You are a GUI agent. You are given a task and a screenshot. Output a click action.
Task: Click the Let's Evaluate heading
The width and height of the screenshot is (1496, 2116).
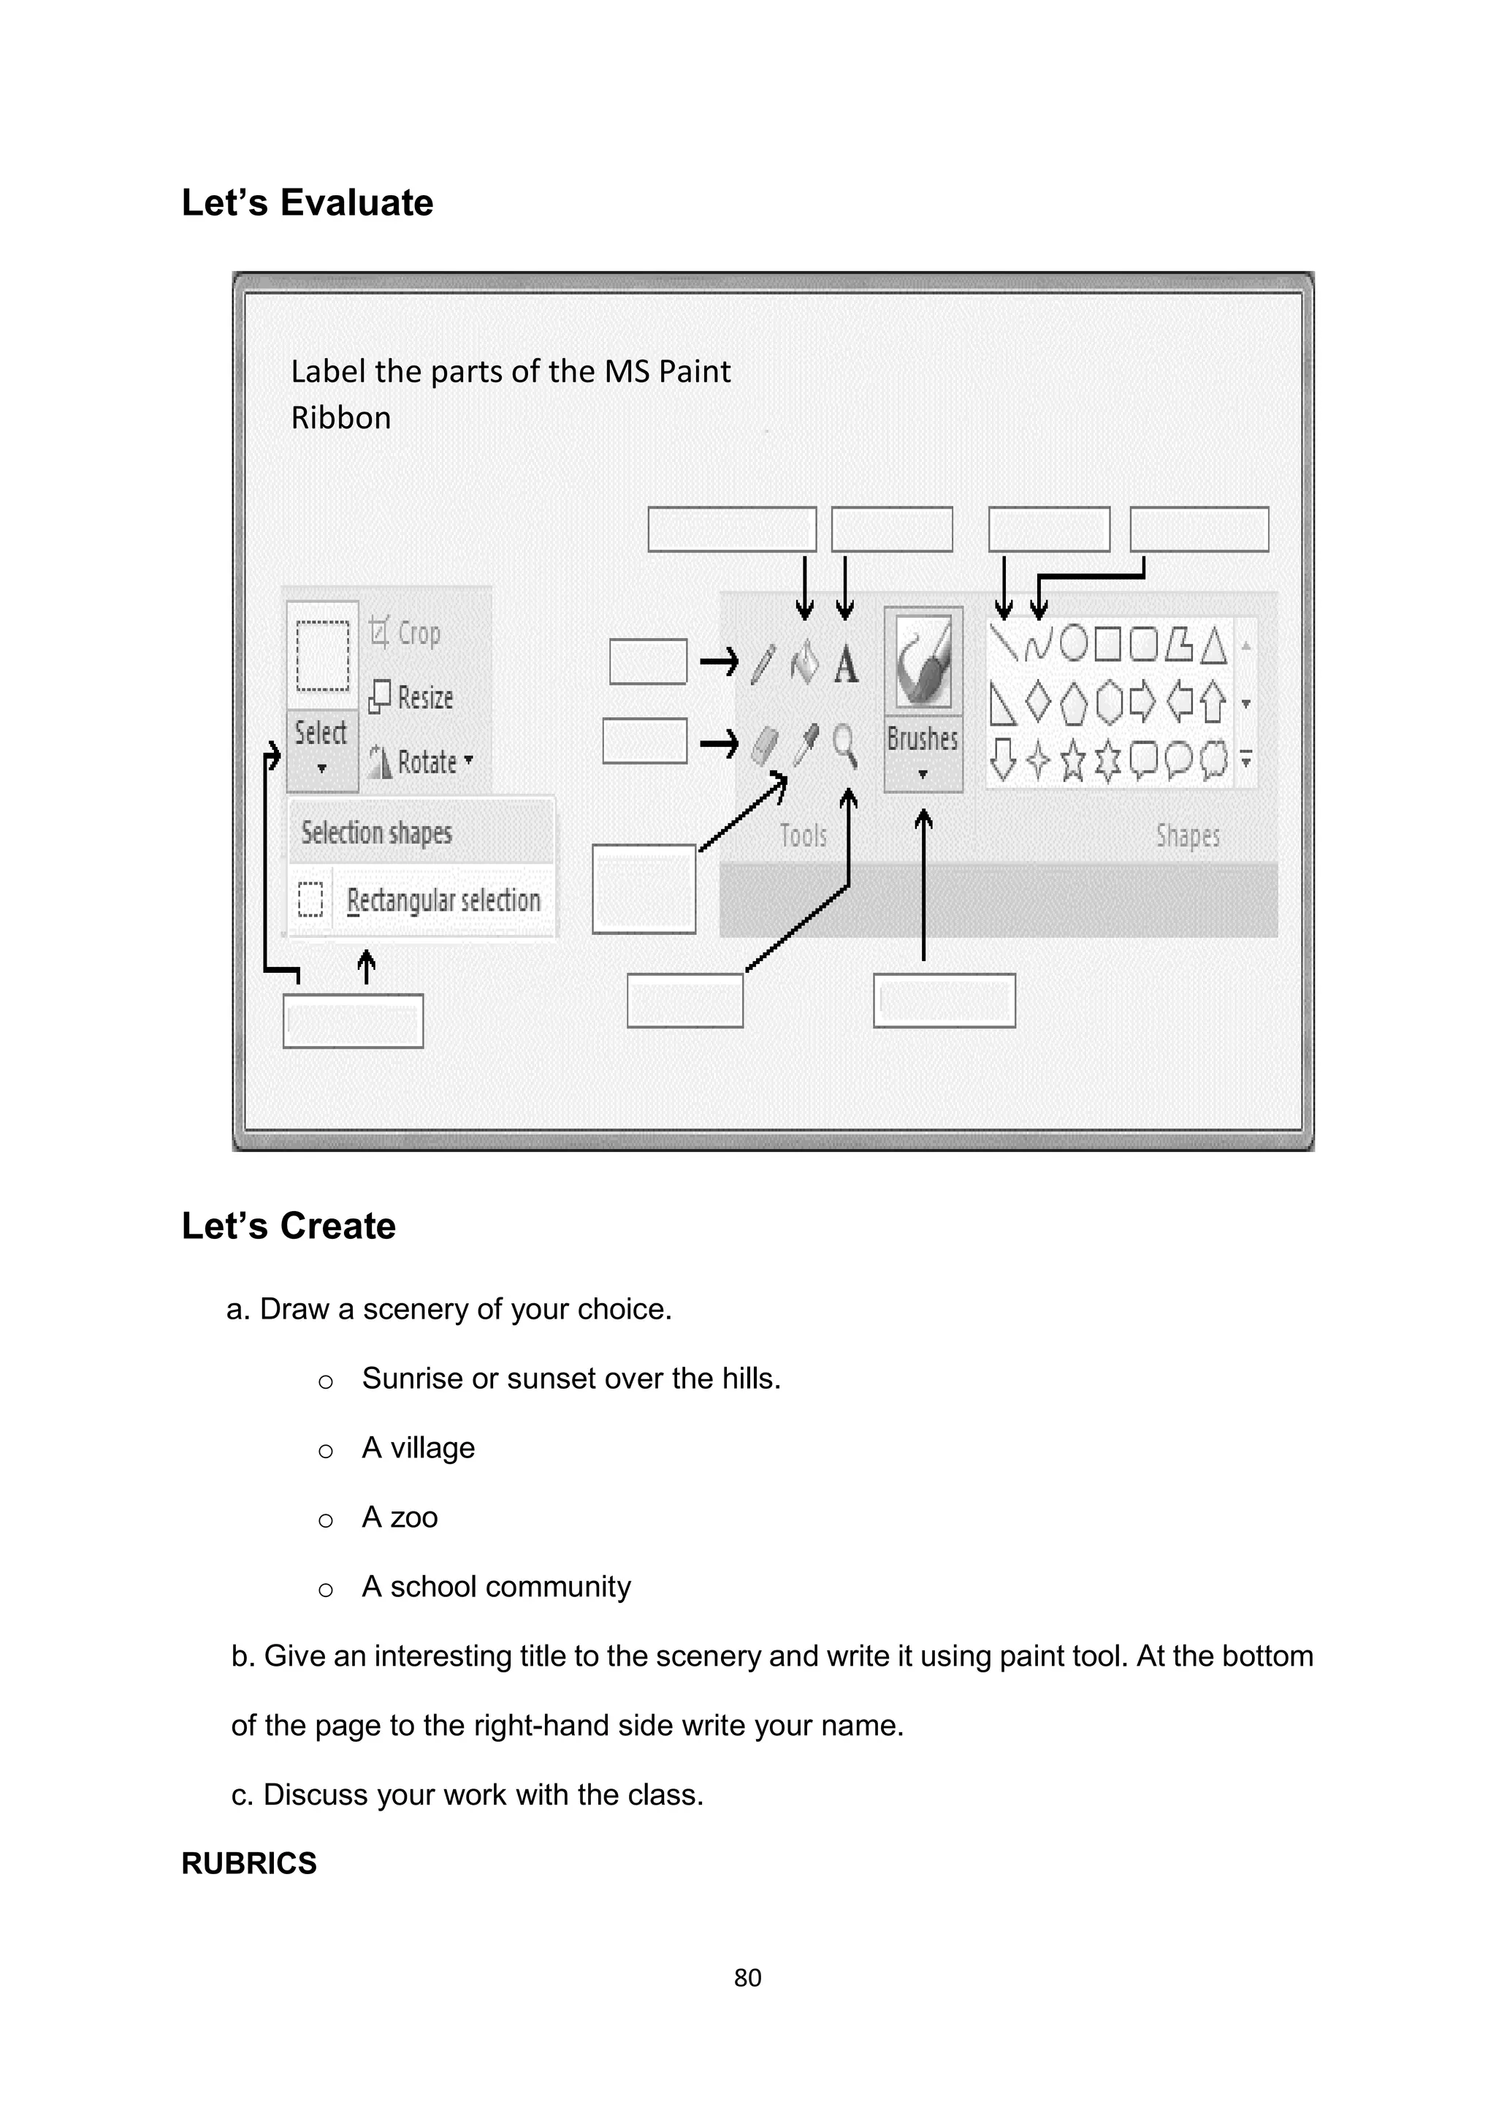point(307,202)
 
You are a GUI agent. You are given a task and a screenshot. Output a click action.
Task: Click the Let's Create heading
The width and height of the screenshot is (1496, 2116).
point(289,1226)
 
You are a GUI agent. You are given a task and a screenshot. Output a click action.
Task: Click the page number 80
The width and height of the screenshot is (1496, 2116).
point(747,1978)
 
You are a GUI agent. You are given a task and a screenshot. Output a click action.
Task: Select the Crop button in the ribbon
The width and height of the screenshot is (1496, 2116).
point(405,633)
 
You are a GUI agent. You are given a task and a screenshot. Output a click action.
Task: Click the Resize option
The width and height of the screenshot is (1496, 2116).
point(412,697)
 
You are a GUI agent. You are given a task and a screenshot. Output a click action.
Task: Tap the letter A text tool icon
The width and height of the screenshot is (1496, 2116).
point(846,664)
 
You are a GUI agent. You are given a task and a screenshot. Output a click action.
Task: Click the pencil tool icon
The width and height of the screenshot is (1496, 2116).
point(763,664)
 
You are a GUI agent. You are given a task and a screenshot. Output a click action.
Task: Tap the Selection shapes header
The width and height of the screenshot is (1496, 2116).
point(377,833)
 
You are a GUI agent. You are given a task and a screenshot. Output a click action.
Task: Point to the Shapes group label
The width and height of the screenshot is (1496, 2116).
point(1188,836)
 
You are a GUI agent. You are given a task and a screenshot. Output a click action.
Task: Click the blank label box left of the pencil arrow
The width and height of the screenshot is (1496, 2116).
point(648,661)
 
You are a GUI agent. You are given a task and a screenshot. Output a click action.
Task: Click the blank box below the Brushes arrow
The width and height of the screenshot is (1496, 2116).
point(944,1000)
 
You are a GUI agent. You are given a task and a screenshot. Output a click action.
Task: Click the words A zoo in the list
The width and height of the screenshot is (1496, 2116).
point(400,1517)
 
